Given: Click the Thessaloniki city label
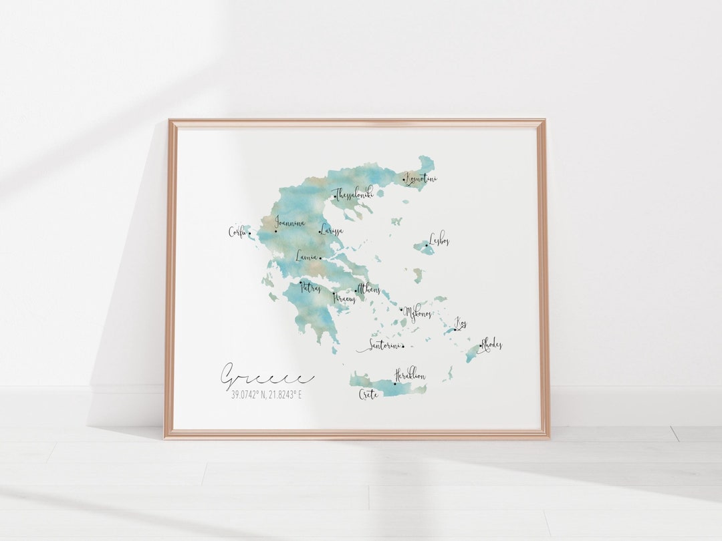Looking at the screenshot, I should [354, 194].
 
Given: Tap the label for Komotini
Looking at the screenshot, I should [422, 179].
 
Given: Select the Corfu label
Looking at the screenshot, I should [237, 232].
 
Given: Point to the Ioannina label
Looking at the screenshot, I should [289, 224].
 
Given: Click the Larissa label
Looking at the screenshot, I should [332, 230].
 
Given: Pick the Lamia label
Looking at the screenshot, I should [307, 255].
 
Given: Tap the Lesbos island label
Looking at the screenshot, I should [439, 238].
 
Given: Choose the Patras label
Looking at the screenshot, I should [310, 289].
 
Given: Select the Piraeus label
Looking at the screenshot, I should [345, 298].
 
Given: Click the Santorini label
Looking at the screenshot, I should [380, 346].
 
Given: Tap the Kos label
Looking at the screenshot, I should [461, 324].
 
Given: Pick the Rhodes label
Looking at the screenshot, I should [491, 344].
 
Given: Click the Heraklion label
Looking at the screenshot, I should [410, 375].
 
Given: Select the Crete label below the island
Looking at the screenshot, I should [368, 394].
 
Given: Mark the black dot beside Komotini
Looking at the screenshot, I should [404, 179].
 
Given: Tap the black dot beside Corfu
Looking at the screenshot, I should [250, 234].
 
